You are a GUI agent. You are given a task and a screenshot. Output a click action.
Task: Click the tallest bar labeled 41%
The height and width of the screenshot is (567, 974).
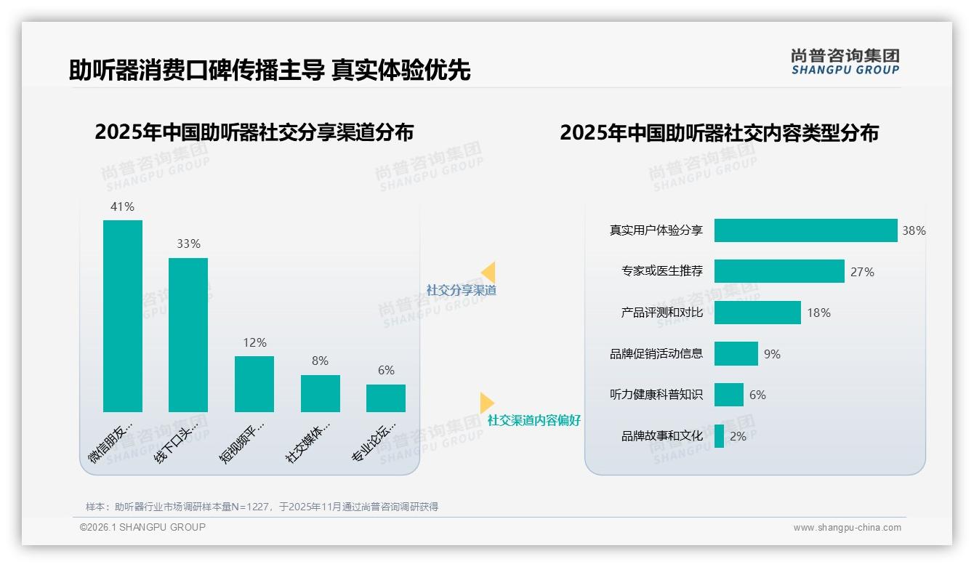click(123, 316)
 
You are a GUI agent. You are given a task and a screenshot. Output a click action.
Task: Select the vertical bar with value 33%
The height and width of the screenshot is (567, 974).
click(188, 335)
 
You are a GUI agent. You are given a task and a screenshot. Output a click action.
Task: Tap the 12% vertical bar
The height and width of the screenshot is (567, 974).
click(254, 384)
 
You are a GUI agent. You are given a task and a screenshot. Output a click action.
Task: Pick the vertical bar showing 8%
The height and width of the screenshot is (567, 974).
click(321, 393)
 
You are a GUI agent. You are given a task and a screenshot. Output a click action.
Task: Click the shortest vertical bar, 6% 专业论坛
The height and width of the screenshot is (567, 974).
click(386, 398)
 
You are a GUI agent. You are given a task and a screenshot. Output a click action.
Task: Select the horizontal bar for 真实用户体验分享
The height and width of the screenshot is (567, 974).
click(805, 230)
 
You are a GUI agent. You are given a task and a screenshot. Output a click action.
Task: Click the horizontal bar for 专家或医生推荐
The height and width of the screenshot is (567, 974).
click(779, 271)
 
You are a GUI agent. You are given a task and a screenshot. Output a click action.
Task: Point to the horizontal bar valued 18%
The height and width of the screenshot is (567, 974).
click(757, 313)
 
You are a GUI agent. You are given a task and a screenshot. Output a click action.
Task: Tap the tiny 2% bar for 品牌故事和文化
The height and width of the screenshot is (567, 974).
click(719, 436)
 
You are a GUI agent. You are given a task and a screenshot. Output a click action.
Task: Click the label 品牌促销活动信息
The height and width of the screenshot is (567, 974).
click(656, 354)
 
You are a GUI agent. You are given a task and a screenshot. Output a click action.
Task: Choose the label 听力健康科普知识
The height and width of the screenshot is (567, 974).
click(656, 395)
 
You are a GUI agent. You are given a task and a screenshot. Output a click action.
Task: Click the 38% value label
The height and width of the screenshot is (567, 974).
click(914, 231)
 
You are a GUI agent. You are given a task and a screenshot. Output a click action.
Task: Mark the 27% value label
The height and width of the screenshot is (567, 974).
click(862, 272)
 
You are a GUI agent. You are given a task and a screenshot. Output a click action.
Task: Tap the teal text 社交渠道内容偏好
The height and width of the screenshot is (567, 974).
click(534, 421)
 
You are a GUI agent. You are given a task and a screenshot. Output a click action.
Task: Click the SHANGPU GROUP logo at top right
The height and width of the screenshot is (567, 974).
click(845, 62)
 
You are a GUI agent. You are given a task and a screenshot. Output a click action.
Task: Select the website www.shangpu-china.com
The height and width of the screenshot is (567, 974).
click(847, 528)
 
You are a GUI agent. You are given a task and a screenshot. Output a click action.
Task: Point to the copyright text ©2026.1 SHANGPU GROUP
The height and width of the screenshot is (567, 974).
click(142, 527)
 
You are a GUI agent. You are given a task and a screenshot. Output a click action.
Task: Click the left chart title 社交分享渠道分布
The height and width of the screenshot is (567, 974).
click(254, 132)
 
